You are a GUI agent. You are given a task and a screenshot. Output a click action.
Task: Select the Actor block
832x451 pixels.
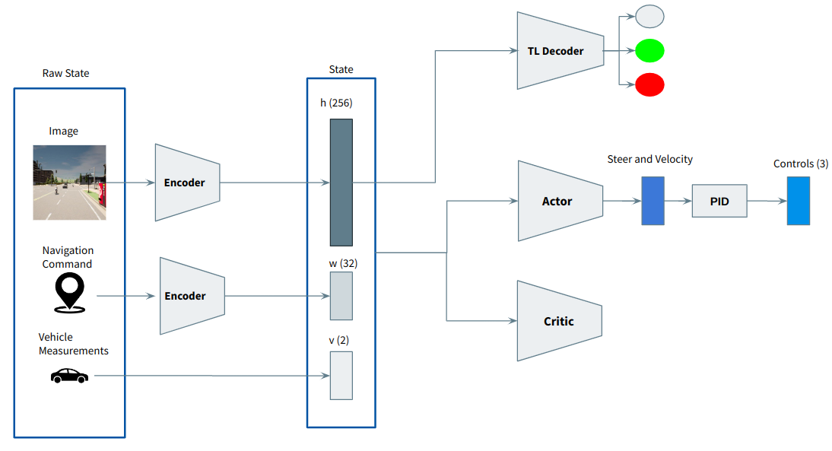558,202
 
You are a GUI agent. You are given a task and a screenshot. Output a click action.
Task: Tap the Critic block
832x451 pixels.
558,321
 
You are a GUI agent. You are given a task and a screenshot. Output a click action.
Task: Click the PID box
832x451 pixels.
719,201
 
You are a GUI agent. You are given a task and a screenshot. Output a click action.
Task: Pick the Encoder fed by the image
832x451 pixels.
187,183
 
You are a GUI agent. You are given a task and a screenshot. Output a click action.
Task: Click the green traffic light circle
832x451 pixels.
649,51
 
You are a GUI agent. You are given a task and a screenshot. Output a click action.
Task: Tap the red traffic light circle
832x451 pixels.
649,84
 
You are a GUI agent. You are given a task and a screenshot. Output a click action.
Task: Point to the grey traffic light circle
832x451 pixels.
649,17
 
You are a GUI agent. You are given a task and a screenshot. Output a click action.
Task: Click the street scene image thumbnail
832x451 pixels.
69,183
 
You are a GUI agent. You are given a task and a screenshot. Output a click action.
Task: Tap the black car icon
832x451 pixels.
69,376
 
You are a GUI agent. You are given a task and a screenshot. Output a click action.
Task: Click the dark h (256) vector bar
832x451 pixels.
341,182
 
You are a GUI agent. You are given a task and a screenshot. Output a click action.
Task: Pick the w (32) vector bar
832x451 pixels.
341,296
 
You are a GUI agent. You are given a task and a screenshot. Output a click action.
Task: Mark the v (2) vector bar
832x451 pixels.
341,375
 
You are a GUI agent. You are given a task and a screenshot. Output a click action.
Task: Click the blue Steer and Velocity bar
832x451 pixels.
653,201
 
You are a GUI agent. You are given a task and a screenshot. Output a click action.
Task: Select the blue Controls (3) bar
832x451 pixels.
799,201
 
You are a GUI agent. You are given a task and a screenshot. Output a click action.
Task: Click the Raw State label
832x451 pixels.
66,74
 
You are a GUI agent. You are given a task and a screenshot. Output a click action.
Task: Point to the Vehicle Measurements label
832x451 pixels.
73,344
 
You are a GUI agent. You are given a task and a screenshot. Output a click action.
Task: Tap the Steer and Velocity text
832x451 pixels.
650,159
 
